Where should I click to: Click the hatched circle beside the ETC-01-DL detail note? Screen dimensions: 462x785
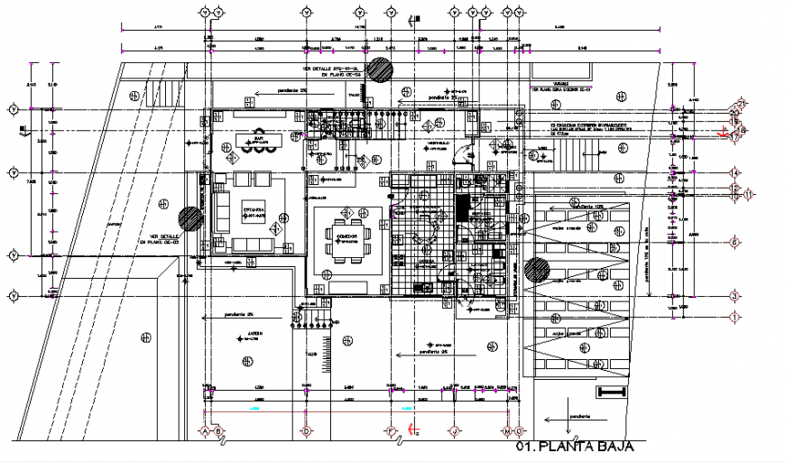tap(380, 69)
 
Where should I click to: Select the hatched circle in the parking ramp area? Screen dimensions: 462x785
tap(538, 269)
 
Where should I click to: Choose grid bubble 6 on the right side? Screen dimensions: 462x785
tap(735, 243)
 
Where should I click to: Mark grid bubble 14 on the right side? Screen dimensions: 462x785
tap(735, 172)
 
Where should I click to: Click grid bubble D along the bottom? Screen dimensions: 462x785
tap(307, 431)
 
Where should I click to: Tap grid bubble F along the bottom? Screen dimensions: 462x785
tap(391, 431)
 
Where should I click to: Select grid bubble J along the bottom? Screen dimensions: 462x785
tap(457, 431)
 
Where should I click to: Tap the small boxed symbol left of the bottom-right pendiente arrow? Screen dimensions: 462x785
tap(611, 392)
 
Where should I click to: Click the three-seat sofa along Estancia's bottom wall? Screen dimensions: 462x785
tap(254, 245)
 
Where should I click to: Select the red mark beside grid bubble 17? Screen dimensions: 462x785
tap(722, 134)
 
